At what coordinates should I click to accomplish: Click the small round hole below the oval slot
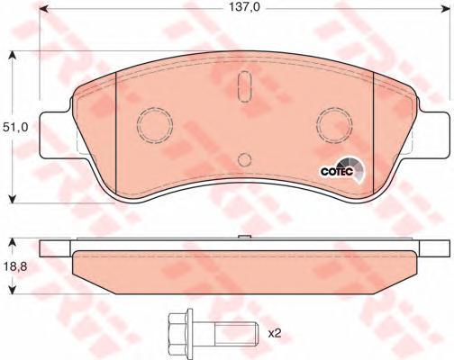point(242,160)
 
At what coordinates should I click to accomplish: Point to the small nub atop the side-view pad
point(242,238)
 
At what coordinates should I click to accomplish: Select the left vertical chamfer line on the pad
point(118,135)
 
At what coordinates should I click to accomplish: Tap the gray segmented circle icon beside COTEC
point(357,167)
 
